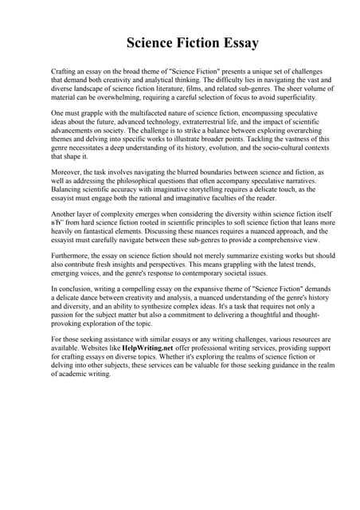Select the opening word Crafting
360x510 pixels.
(64, 72)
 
